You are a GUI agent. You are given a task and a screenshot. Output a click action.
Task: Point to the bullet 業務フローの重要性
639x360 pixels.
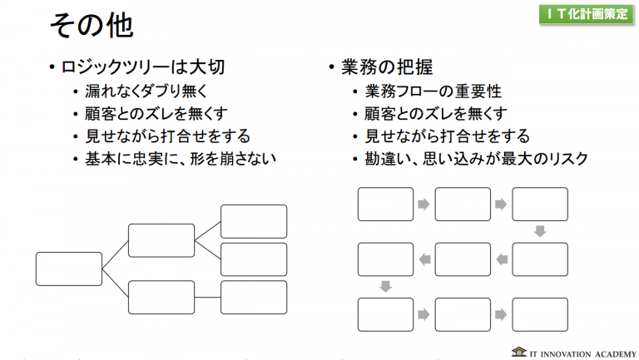pos(433,91)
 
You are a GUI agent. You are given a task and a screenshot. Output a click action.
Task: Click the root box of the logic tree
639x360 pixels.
pos(68,269)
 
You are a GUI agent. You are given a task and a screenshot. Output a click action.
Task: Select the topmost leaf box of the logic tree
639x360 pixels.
pos(253,221)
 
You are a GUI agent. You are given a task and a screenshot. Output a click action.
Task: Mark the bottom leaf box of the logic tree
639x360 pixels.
pos(253,297)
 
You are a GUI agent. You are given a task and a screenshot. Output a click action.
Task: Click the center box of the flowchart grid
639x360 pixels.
pos(463,259)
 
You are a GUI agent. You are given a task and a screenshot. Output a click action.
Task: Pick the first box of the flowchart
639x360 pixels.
pos(385,205)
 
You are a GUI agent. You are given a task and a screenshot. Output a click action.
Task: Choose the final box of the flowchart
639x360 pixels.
pos(540,314)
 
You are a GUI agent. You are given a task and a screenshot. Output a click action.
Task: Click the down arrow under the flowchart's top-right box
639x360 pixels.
pos(540,231)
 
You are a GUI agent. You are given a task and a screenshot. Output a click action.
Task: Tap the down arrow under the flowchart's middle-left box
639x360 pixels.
pos(385,287)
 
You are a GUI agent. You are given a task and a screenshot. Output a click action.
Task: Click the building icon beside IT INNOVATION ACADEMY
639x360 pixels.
pos(518,351)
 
